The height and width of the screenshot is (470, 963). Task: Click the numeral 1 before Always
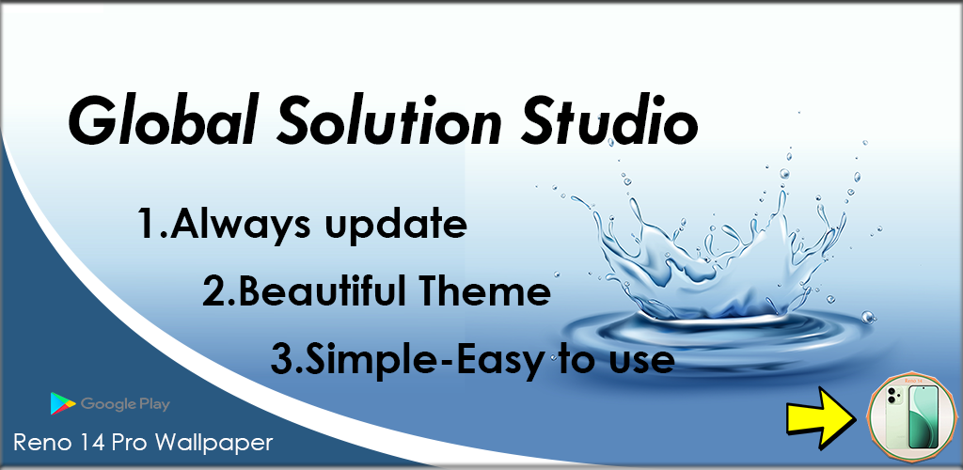tap(148, 225)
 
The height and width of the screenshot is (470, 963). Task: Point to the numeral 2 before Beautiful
tap(215, 292)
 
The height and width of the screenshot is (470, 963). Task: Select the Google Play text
tap(125, 404)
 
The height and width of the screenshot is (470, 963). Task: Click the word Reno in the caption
tap(39, 443)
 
